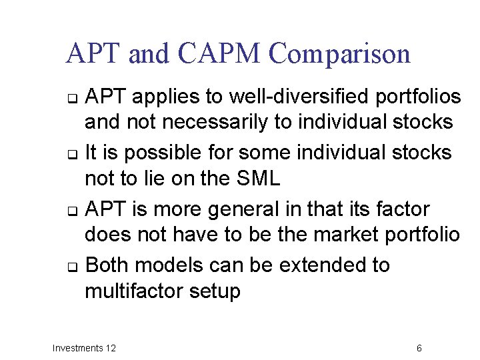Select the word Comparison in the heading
[x=341, y=54]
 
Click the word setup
[x=217, y=292]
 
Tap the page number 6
[x=419, y=348]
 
